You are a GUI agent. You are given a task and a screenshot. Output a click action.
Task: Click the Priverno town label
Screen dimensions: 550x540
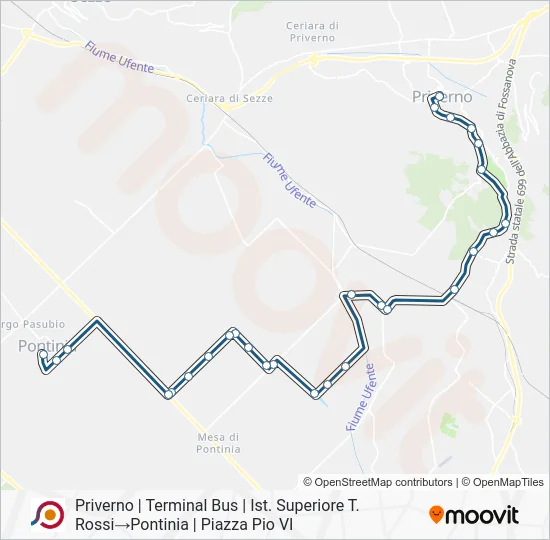pos(441,97)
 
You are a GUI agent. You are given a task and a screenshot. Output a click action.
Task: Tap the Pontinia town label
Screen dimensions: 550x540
pos(46,346)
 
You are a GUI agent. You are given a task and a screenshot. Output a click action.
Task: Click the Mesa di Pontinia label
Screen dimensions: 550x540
pos(218,443)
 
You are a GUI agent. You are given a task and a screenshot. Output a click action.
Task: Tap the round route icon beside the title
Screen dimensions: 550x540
pos(47,514)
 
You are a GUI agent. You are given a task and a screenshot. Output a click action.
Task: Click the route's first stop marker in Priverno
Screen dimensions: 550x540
pos(439,97)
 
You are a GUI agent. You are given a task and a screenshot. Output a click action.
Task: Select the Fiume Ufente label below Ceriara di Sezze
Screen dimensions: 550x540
pos(290,180)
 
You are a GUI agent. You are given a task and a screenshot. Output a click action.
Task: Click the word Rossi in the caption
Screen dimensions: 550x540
pos(97,524)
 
